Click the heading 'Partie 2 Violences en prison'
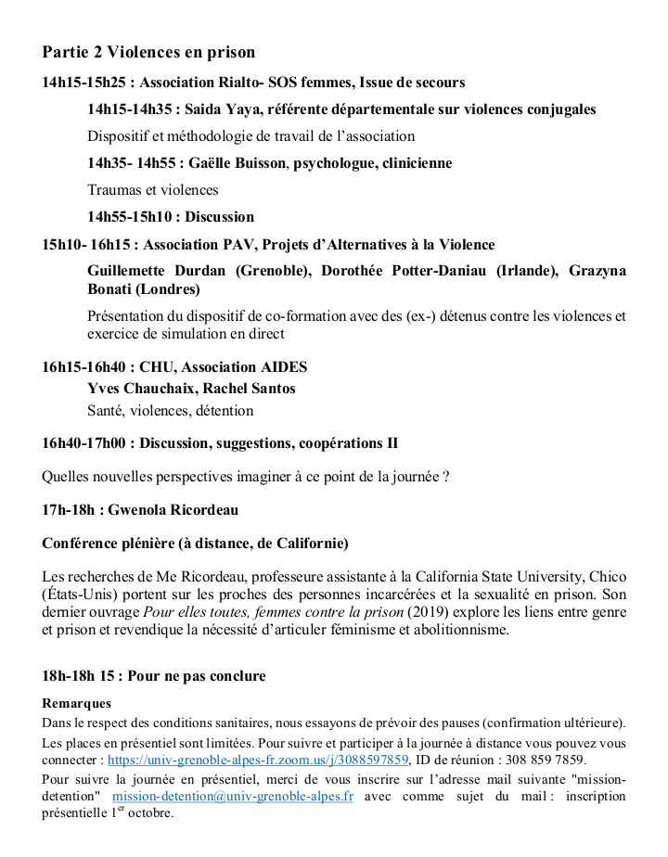point(148,52)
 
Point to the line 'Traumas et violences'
point(153,190)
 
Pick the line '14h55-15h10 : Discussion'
point(171,217)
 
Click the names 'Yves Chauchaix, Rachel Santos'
point(191,389)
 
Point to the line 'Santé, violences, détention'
point(170,410)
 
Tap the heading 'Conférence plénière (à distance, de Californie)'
point(195,543)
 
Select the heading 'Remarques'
point(77,704)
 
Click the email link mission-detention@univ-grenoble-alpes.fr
point(232,796)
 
